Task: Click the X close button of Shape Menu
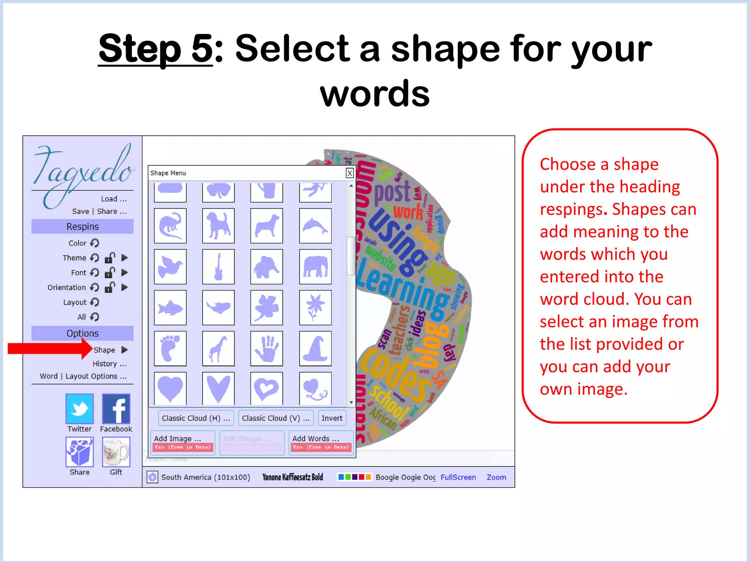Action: [350, 173]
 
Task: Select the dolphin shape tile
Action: [315, 226]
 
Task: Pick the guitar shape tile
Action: [218, 267]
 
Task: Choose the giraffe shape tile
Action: [218, 349]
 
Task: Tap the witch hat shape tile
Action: [315, 349]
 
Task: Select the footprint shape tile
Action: [170, 349]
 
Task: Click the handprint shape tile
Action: [267, 349]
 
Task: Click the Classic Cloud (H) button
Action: [196, 418]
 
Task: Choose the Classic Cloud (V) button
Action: [276, 418]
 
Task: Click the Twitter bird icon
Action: [79, 409]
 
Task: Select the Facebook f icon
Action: [116, 409]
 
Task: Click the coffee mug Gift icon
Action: [116, 452]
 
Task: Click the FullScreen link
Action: [458, 477]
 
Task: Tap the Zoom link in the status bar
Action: [496, 477]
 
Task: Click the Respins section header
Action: [82, 226]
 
